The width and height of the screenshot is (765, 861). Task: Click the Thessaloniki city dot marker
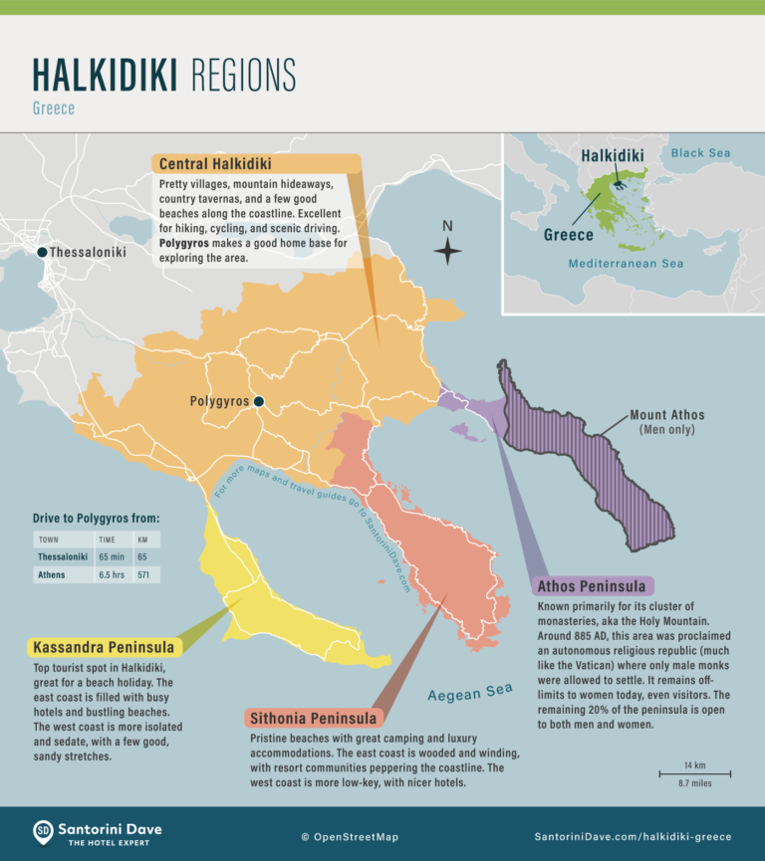pyautogui.click(x=42, y=253)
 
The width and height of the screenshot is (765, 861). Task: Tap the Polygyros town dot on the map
pyautogui.click(x=258, y=402)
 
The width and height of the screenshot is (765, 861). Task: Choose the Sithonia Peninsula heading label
pyautogui.click(x=315, y=719)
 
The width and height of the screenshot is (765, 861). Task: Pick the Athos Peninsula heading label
pyautogui.click(x=594, y=585)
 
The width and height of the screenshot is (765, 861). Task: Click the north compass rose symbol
pyautogui.click(x=448, y=251)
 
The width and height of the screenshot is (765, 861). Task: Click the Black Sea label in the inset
pyautogui.click(x=700, y=153)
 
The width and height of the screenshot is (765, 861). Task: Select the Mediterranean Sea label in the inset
pyautogui.click(x=626, y=264)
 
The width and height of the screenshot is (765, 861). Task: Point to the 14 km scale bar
pyautogui.click(x=694, y=773)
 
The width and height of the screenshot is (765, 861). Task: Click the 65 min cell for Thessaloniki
pyautogui.click(x=111, y=556)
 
